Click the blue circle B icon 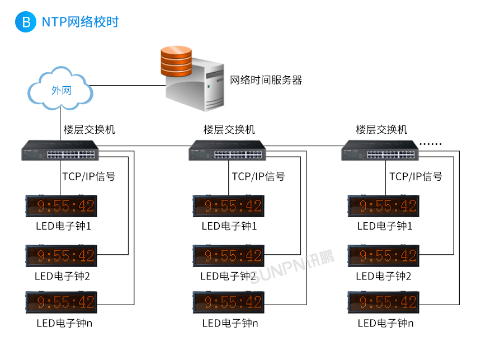tap(26, 22)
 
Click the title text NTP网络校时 tap(80, 22)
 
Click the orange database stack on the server tap(176, 61)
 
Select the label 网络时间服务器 tap(266, 80)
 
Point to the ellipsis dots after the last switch tap(431, 144)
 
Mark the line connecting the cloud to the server tap(129, 86)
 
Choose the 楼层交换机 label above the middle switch tap(229, 130)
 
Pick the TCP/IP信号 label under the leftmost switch tap(89, 177)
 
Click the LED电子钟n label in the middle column tap(230, 323)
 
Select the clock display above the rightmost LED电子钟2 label tap(383, 255)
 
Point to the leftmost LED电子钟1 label tap(63, 226)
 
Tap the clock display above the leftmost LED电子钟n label tap(62, 302)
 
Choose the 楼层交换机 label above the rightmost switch tap(382, 130)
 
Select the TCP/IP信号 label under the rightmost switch tap(416, 177)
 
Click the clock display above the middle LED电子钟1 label tap(229, 206)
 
